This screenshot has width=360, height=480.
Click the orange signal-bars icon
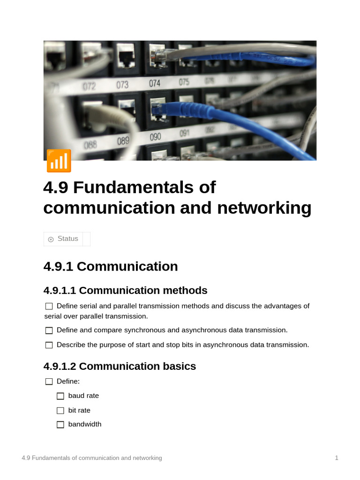click(59, 161)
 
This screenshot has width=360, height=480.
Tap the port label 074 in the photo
click(155, 83)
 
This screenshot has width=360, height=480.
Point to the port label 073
click(122, 85)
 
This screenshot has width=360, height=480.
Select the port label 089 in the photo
click(123, 141)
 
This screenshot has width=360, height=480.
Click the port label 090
click(155, 137)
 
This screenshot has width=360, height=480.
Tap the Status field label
click(68, 239)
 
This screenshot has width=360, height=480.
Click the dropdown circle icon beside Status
click(51, 239)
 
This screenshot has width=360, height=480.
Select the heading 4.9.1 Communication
click(111, 266)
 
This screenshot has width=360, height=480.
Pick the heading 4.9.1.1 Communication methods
click(125, 291)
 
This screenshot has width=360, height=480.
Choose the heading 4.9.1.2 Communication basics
click(120, 367)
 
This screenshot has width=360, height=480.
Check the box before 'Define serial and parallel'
click(49, 306)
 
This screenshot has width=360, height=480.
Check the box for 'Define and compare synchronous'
click(49, 330)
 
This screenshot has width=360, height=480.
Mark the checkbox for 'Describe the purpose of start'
click(49, 345)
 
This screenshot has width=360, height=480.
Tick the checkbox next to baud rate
click(60, 396)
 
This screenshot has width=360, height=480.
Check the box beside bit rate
click(60, 411)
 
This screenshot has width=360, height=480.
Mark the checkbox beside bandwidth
click(60, 425)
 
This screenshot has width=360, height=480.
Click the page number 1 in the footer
click(337, 458)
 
